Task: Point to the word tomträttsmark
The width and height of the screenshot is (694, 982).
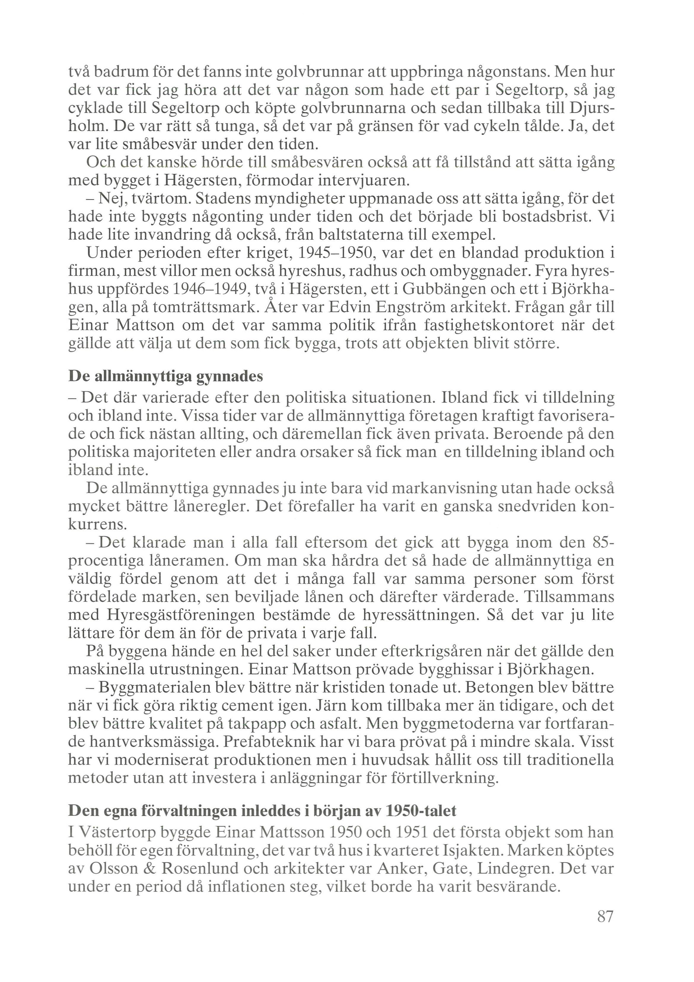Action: [x=203, y=308]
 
